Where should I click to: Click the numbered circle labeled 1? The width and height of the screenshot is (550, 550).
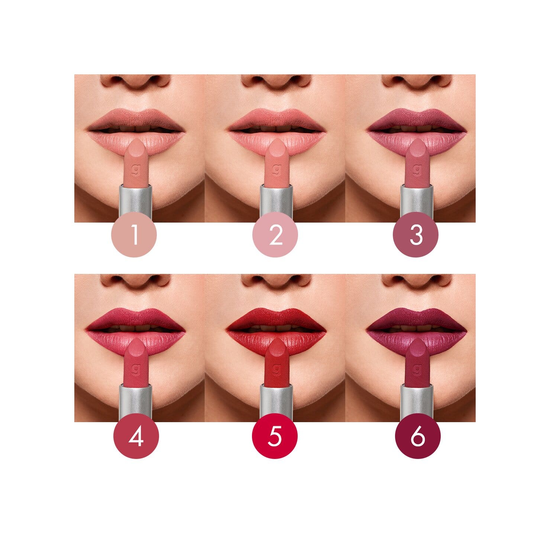134,235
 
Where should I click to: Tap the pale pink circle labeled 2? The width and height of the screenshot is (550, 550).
275,235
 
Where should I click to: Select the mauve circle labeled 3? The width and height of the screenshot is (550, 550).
416,235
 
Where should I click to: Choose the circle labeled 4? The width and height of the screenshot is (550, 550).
136,436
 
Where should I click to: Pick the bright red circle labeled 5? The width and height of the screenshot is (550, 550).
275,436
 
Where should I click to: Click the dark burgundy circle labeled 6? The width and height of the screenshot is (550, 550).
418,436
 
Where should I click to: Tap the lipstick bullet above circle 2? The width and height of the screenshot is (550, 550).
276,164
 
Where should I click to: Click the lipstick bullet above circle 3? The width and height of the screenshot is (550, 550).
417,164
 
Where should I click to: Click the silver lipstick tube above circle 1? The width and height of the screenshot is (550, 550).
135,201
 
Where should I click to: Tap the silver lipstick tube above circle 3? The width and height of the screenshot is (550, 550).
417,201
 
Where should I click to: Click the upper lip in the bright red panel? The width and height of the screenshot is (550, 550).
276,318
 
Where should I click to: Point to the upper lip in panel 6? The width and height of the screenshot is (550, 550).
417,318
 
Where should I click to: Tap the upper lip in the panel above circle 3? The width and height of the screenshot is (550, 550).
417,118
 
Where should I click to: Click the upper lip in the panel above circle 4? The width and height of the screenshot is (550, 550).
136,318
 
